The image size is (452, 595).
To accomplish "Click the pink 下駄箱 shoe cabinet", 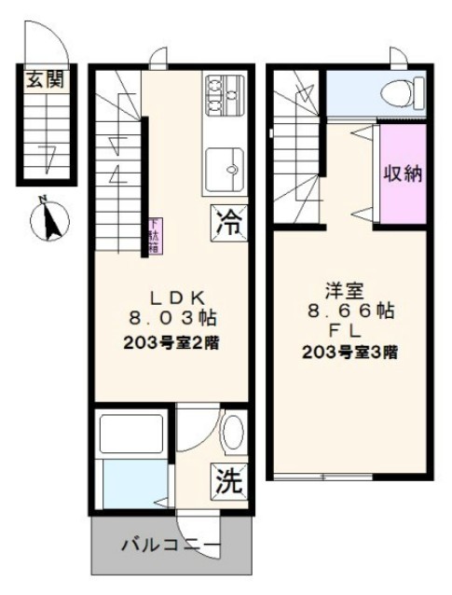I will tap(153, 235).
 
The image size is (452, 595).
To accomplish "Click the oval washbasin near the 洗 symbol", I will tap(232, 434).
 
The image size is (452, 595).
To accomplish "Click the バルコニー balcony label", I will tap(171, 546).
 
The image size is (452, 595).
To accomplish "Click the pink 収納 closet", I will tap(402, 173).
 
